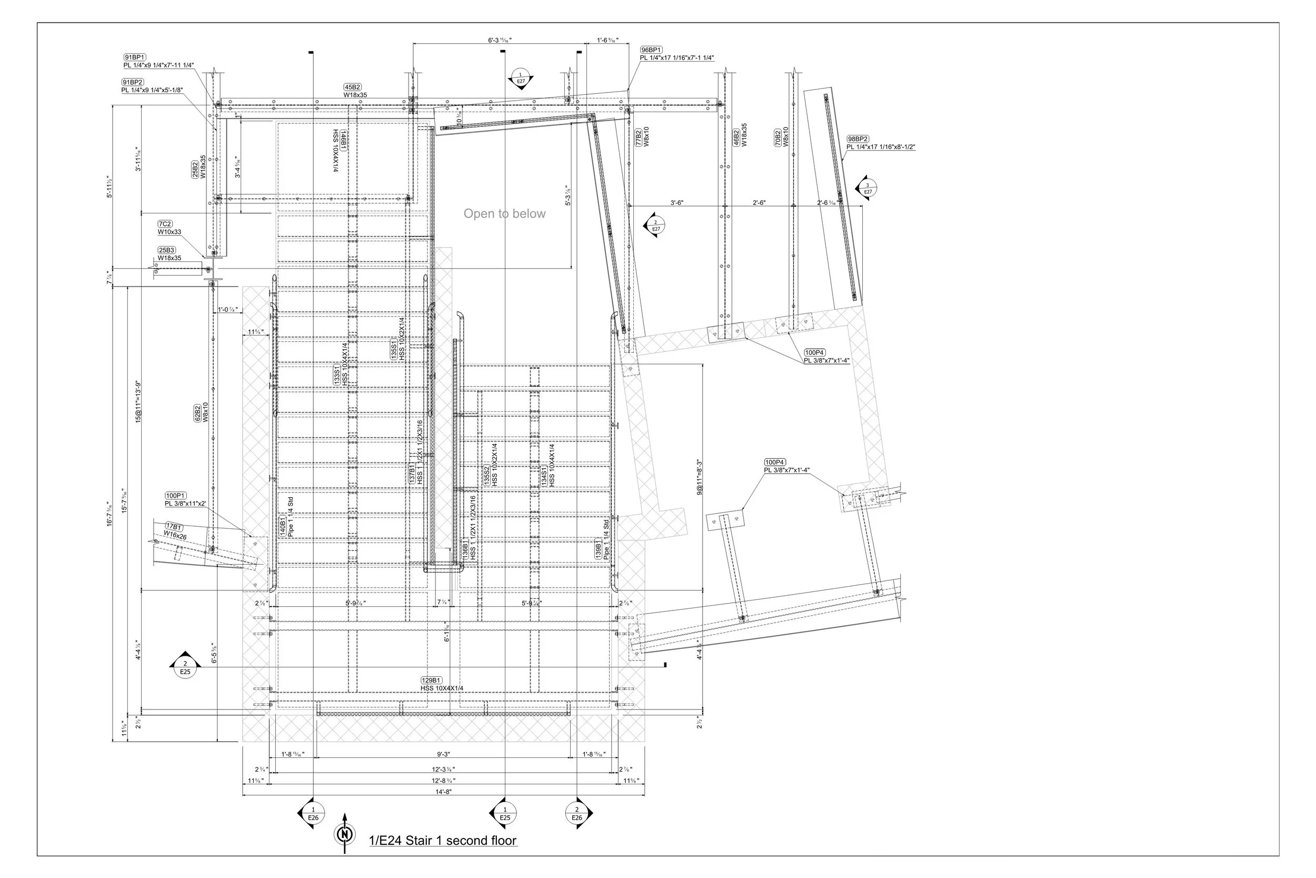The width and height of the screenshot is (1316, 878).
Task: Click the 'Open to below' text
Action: pos(504,213)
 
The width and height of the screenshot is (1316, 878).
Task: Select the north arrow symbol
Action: pos(345,834)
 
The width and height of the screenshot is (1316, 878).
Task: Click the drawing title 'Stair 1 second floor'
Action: pos(443,841)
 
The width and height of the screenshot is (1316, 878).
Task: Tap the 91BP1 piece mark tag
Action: pos(135,57)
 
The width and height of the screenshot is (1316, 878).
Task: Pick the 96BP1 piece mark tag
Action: pos(651,50)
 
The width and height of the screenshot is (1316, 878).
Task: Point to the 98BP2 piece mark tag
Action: pos(858,139)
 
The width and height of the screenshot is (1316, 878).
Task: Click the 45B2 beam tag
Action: pos(353,87)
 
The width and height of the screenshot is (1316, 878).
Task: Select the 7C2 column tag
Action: pos(165,224)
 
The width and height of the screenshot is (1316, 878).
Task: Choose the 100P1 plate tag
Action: pos(176,496)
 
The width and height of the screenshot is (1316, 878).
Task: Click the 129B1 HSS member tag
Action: pos(432,680)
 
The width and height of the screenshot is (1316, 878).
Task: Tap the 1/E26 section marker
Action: pos(313,814)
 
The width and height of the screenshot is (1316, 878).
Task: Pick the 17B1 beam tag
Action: pos(174,527)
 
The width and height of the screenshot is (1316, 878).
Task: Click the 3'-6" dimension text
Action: pos(677,203)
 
